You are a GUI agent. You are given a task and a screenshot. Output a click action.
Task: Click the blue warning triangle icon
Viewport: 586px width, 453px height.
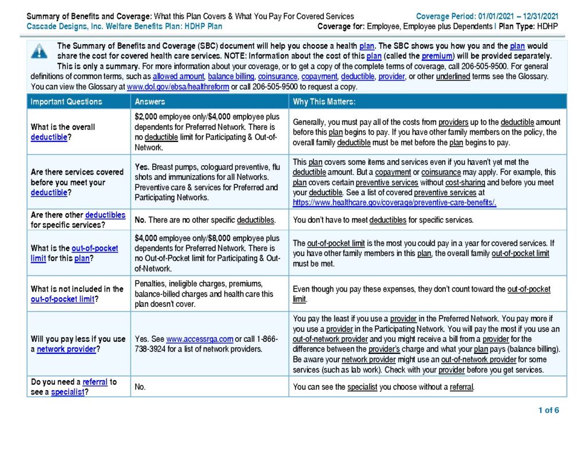39,52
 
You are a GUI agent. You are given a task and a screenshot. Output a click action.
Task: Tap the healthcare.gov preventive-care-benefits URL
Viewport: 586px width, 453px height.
394,202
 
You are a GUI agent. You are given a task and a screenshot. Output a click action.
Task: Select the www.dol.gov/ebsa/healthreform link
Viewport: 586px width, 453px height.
177,86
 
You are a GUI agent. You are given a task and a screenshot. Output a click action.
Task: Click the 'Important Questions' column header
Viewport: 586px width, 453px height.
66,101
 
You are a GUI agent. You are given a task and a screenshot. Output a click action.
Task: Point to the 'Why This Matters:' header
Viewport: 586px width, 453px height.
324,101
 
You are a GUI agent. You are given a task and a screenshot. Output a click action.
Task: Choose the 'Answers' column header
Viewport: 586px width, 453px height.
150,101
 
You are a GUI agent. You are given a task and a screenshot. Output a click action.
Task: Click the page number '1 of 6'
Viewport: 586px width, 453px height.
548,410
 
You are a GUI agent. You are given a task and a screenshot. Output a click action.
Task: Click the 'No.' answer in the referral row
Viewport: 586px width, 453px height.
140,387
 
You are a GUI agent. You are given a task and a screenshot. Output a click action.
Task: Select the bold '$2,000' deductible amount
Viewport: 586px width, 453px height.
146,116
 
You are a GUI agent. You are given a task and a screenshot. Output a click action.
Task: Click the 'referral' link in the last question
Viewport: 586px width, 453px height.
95,381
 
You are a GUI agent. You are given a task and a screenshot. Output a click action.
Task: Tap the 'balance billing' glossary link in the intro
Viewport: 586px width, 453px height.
231,76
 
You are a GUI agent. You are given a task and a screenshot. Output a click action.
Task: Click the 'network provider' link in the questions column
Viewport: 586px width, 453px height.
66,349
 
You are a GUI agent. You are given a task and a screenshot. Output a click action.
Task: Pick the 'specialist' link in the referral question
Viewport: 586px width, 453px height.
68,392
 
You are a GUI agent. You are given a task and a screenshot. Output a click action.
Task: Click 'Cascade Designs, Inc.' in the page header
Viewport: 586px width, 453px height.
60,26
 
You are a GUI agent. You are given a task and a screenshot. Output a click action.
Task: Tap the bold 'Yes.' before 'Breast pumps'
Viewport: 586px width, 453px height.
142,167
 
